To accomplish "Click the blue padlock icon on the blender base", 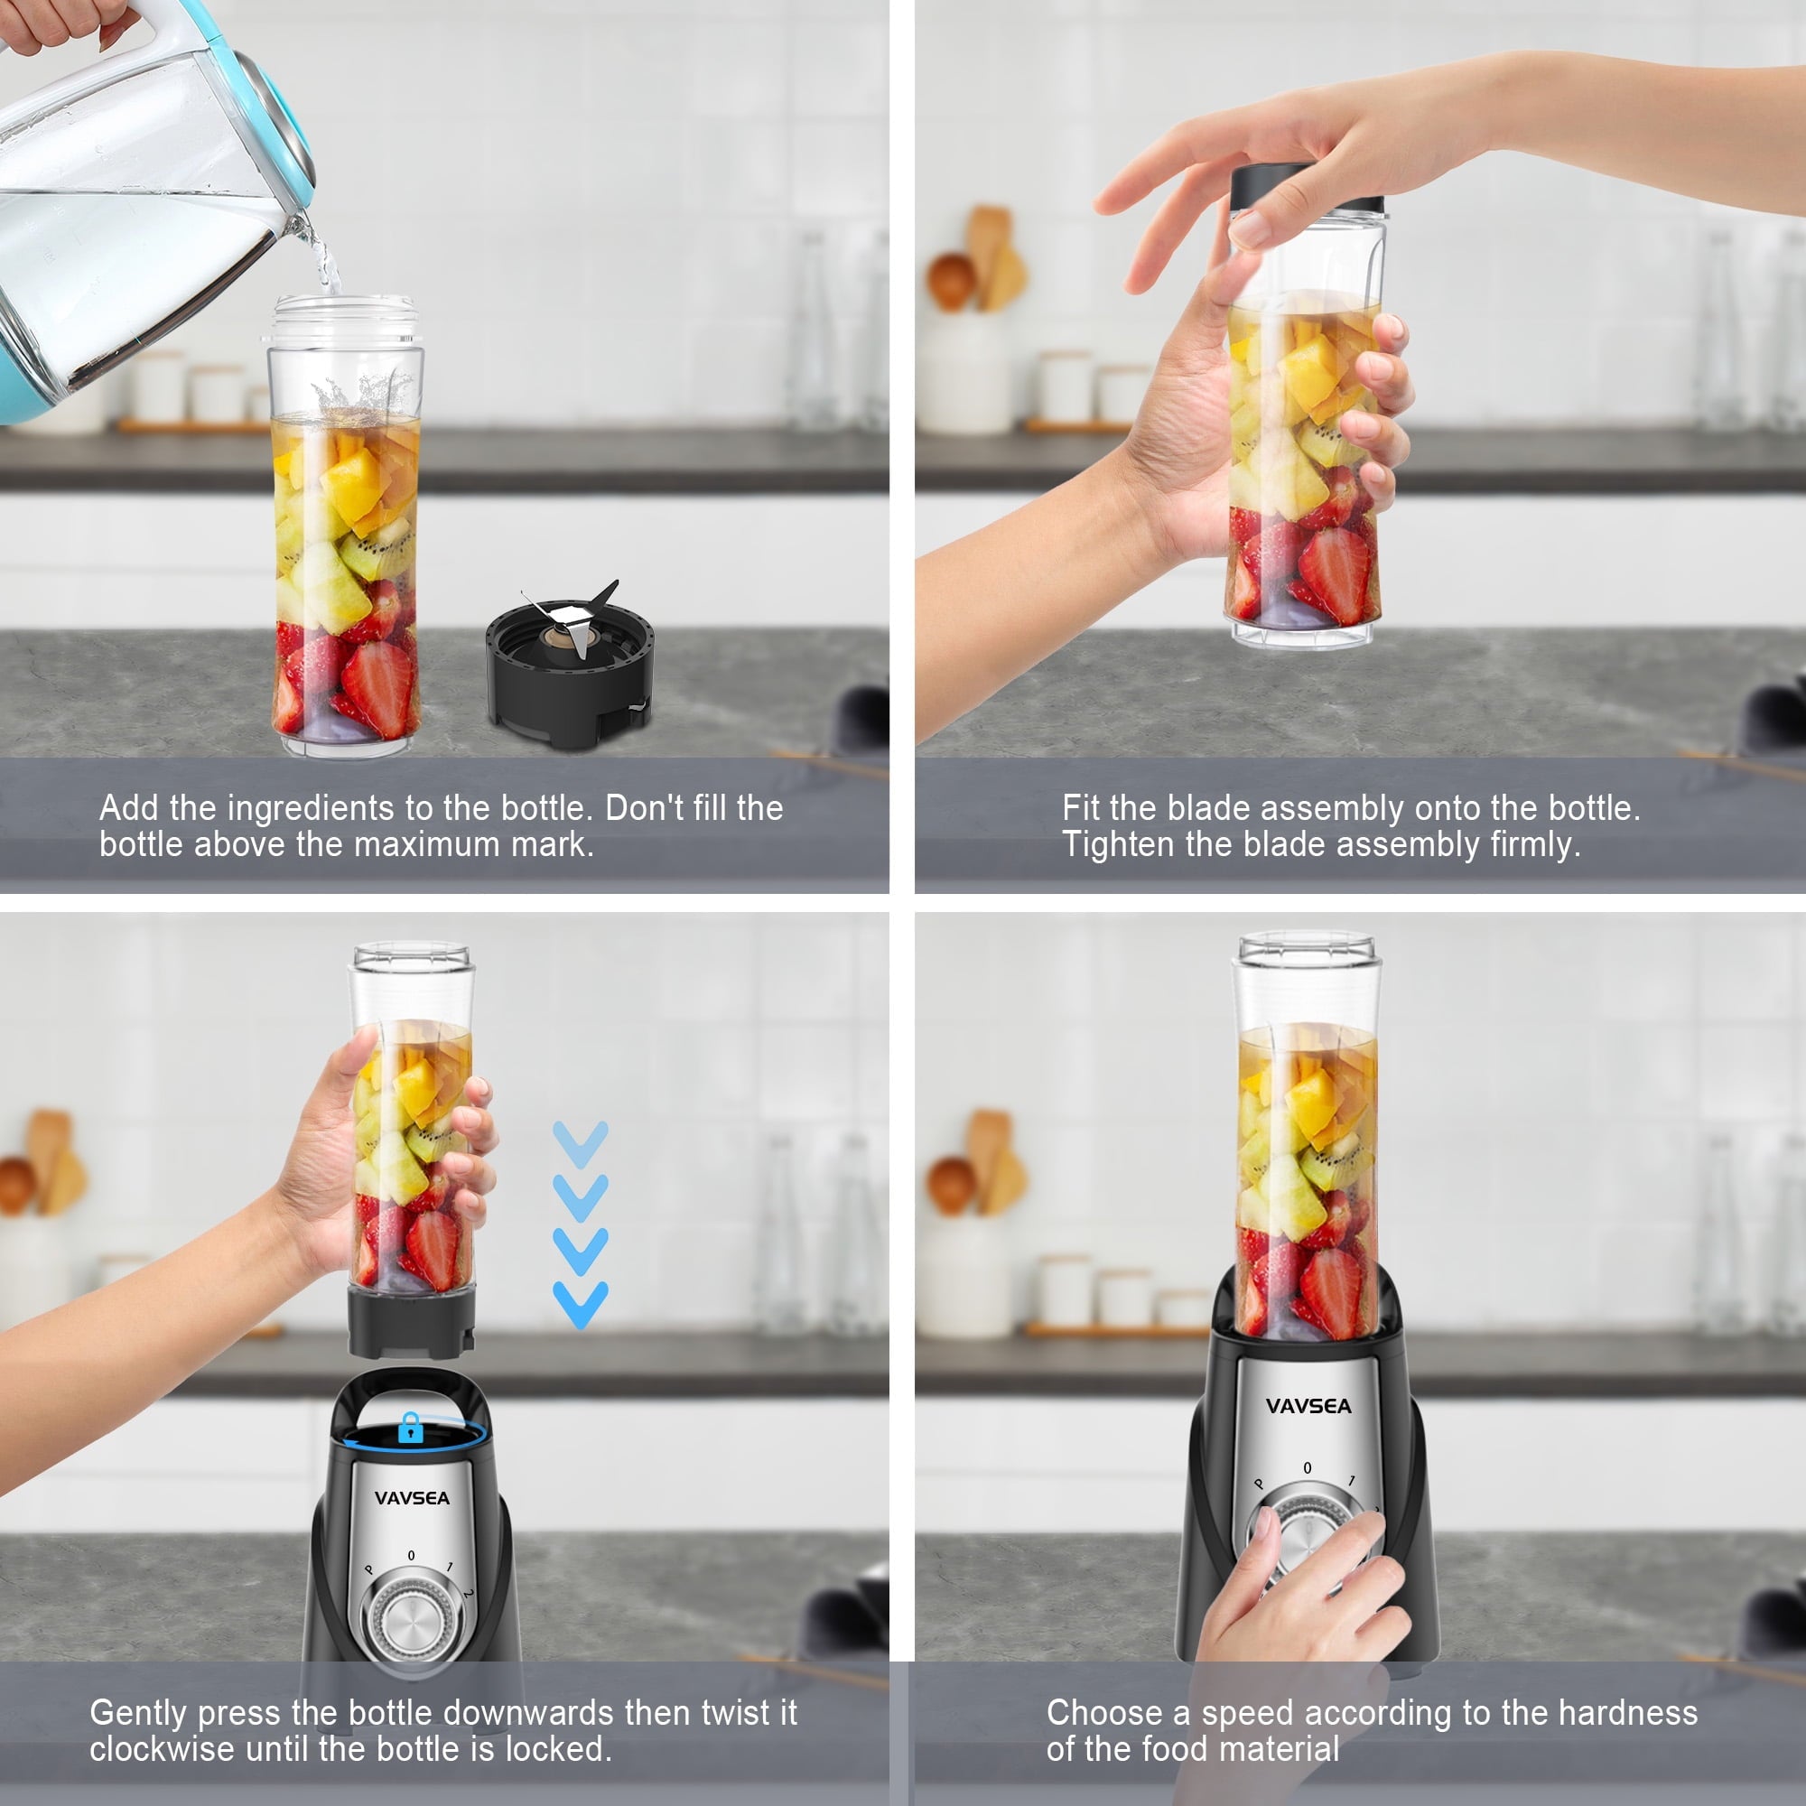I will click(410, 1428).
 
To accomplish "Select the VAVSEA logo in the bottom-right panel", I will click(1308, 1406).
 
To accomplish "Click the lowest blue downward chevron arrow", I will click(581, 1304).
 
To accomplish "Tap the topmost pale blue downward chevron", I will click(581, 1143).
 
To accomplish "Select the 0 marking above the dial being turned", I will click(1307, 1467).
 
